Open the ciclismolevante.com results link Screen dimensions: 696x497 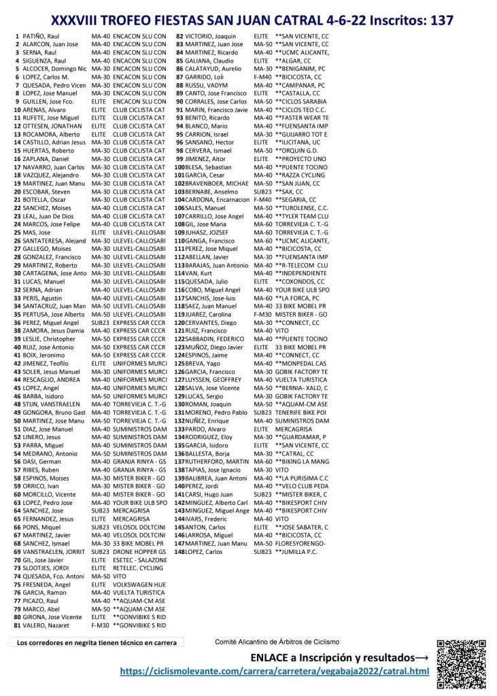[x=275, y=672]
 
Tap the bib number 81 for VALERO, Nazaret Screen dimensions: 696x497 [x=16, y=624]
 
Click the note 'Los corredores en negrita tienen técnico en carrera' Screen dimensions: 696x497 [x=97, y=642]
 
